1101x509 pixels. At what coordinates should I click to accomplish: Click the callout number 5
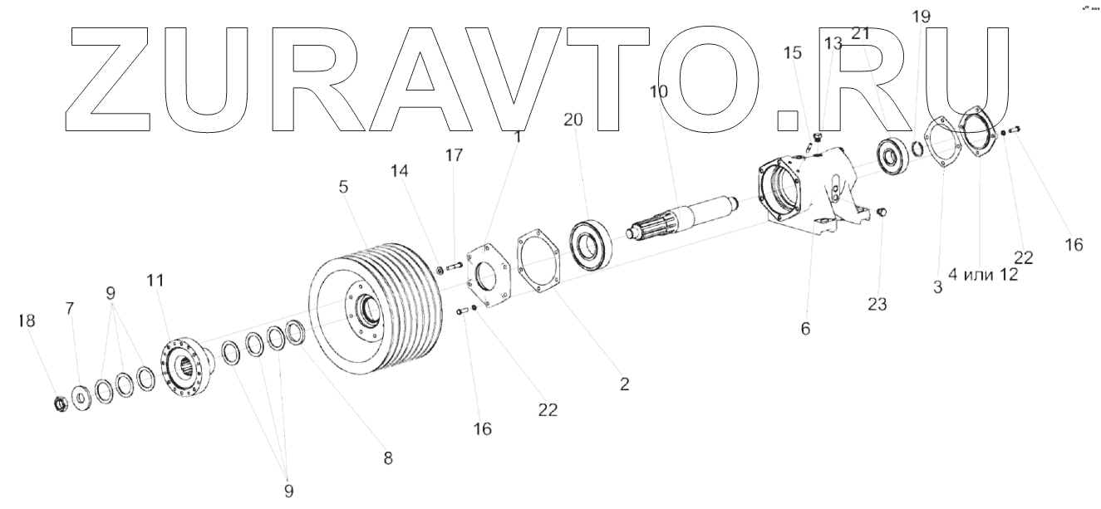342,188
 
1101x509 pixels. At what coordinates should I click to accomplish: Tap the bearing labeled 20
592,243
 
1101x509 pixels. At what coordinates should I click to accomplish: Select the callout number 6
804,329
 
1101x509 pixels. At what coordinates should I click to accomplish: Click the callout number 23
877,304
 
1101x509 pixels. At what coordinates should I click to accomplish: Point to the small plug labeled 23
882,213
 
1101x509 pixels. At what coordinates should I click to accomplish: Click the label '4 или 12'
983,276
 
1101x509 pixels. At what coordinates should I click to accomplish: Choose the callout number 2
624,384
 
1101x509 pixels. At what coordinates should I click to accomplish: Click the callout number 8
387,458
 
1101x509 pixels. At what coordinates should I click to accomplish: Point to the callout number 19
922,17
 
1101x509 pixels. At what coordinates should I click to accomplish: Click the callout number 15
794,53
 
